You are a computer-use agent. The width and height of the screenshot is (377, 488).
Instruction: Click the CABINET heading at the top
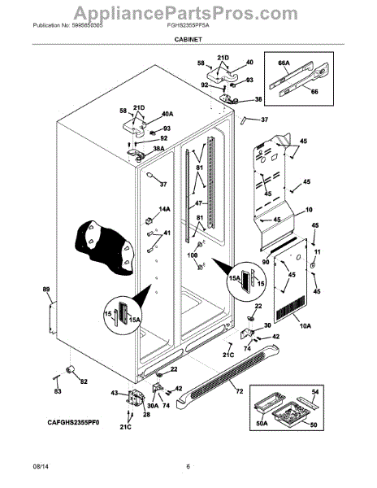(x=188, y=48)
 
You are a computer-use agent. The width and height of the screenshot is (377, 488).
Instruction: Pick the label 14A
(x=165, y=209)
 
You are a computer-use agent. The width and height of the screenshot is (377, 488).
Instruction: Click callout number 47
(x=197, y=203)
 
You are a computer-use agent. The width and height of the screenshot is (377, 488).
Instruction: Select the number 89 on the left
(x=46, y=290)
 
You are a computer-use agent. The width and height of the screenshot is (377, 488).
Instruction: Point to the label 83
(x=58, y=391)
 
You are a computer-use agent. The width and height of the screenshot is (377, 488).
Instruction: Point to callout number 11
(x=318, y=252)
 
